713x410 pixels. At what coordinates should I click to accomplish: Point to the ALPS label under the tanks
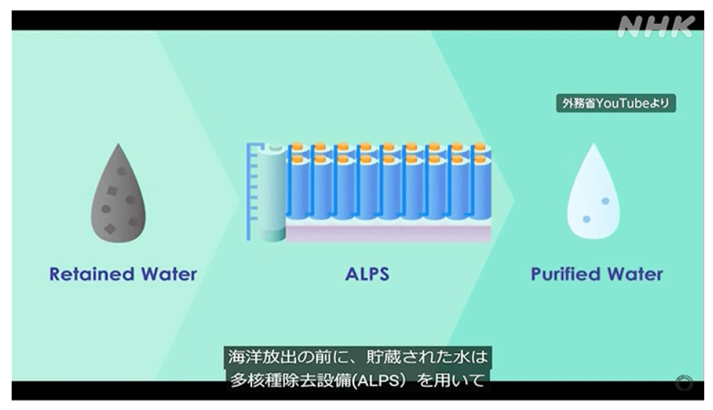click(x=367, y=274)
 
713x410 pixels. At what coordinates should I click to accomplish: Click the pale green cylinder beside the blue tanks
click(x=273, y=193)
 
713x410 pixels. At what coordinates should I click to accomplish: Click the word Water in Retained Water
click(x=167, y=274)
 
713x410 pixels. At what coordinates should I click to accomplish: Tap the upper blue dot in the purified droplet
click(x=605, y=201)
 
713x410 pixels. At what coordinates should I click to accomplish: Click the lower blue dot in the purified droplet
click(x=586, y=219)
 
